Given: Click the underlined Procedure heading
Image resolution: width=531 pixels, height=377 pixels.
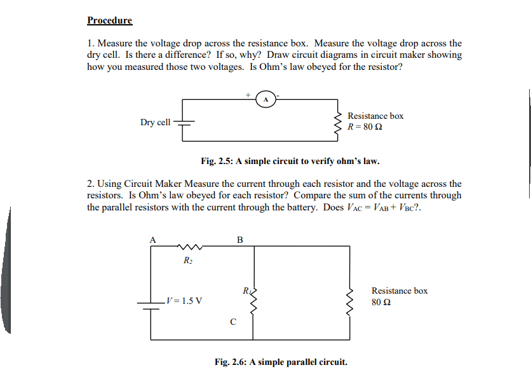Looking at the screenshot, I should [x=109, y=20].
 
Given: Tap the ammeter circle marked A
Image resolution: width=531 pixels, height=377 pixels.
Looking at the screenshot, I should [x=265, y=99].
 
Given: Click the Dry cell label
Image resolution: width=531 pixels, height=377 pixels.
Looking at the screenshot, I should [x=155, y=122].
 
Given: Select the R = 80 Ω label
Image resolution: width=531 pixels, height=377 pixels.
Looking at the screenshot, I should [x=365, y=127].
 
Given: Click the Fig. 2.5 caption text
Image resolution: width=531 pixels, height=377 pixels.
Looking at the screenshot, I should [x=290, y=161].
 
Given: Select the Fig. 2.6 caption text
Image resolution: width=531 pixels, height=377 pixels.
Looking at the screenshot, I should [x=281, y=362].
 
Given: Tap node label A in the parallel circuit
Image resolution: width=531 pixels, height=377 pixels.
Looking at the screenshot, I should [x=152, y=240].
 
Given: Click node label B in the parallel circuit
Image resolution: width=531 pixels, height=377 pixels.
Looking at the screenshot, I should [x=239, y=240].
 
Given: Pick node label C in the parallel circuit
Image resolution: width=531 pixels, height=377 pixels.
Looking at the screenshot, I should [x=233, y=322].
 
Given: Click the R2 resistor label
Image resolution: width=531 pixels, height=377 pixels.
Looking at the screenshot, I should [x=187, y=261].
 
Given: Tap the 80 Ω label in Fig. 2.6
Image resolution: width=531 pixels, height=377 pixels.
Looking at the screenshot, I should [x=381, y=302].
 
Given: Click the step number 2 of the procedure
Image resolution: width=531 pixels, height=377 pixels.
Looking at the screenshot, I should [x=90, y=184].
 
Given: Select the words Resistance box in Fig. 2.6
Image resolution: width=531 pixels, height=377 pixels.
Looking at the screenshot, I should [x=400, y=291].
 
